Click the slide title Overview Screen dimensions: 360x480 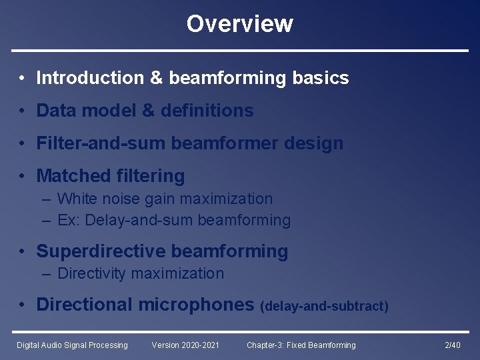[239, 24]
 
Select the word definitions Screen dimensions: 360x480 [207, 111]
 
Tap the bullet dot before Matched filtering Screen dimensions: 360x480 [23, 177]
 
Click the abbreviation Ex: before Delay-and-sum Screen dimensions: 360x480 [68, 220]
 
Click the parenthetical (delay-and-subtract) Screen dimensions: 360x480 [324, 306]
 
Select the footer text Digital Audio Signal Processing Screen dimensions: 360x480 [72, 345]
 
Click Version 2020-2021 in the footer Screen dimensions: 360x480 [185, 345]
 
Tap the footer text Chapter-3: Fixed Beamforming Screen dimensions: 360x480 [301, 345]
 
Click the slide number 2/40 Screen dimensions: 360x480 [452, 345]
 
